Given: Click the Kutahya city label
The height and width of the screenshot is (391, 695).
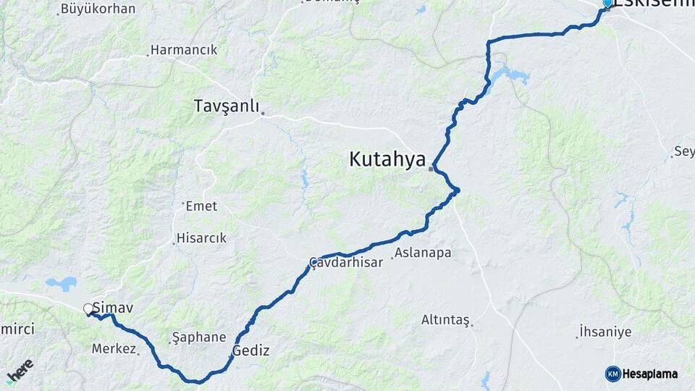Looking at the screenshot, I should (387, 159).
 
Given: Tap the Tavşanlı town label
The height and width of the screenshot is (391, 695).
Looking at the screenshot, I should (226, 106).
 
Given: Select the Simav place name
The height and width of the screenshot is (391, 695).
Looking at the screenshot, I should (113, 308).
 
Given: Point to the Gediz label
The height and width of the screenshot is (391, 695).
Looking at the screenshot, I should (251, 351).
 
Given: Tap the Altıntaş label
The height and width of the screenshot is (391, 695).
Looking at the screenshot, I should (445, 319).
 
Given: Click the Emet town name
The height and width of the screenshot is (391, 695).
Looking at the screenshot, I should (201, 206).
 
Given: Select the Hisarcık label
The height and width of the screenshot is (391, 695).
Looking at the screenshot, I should (202, 237).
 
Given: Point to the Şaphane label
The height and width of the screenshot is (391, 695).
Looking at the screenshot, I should (200, 337).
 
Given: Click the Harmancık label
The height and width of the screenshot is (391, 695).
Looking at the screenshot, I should (184, 51).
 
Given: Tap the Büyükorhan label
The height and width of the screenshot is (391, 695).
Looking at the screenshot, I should (98, 9).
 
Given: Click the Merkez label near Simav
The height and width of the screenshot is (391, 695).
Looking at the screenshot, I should (114, 349).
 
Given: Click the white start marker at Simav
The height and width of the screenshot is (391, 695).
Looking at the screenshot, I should (88, 309).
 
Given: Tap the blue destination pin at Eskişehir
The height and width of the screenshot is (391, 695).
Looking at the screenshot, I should (607, 3).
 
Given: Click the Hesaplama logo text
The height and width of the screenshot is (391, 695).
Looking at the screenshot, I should (649, 374).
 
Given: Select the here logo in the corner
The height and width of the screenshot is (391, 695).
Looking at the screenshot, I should (20, 370).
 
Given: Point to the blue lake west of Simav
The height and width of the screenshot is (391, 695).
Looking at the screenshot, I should (61, 283).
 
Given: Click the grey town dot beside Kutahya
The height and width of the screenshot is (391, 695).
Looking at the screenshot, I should (431, 169).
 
